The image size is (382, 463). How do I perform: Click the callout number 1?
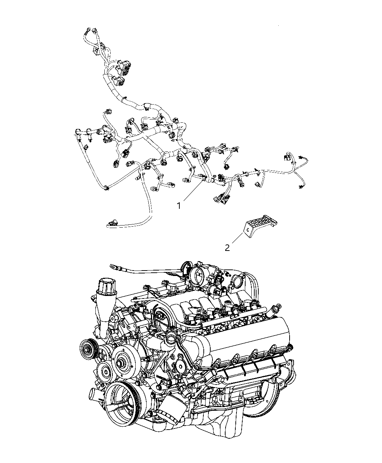pos(179,206)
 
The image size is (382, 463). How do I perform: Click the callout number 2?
pos(227,248)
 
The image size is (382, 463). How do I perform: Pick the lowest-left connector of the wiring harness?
pos(112,222)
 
